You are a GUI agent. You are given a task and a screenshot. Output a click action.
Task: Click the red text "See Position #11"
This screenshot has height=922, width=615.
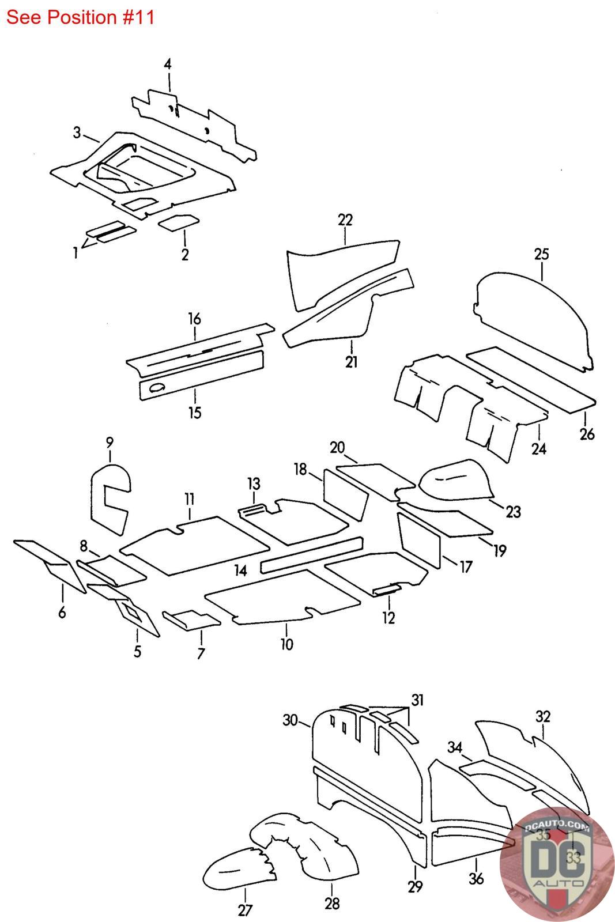point(80,17)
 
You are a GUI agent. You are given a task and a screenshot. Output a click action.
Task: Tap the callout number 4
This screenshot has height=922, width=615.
point(167,64)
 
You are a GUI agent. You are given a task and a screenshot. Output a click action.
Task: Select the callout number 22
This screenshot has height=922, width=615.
point(345,220)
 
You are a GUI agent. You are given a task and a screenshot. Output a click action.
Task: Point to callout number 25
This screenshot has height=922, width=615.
point(541,254)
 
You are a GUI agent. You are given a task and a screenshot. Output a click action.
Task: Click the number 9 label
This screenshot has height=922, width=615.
point(110,443)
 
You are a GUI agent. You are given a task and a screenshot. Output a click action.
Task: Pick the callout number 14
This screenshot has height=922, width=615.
point(241,570)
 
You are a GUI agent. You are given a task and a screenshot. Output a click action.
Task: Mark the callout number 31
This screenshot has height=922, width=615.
point(417,700)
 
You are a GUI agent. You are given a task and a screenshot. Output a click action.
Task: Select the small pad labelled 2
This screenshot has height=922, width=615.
point(179,222)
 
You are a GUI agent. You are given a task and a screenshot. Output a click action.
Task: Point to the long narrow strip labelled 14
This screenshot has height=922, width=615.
point(311,554)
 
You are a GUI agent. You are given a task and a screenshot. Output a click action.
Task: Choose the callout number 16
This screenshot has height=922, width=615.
point(194,319)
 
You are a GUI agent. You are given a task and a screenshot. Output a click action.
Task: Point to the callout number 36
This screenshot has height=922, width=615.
point(476,879)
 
